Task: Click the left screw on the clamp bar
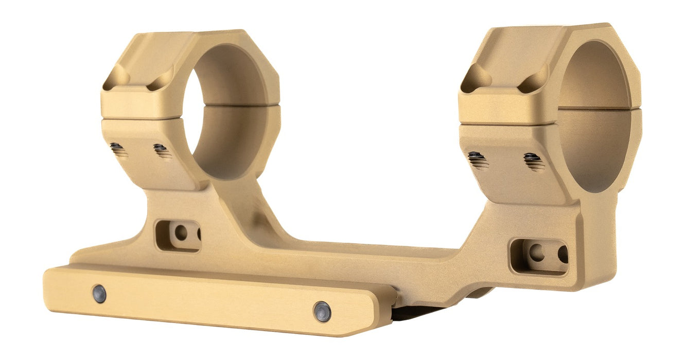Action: [x=99, y=294]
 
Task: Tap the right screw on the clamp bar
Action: [x=322, y=312]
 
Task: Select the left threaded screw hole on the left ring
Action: [x=118, y=149]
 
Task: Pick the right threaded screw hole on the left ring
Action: [x=161, y=150]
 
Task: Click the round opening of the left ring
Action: [x=226, y=111]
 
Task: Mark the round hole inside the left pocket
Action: [x=181, y=233]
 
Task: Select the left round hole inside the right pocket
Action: [x=536, y=253]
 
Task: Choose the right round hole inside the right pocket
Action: [x=563, y=254]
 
